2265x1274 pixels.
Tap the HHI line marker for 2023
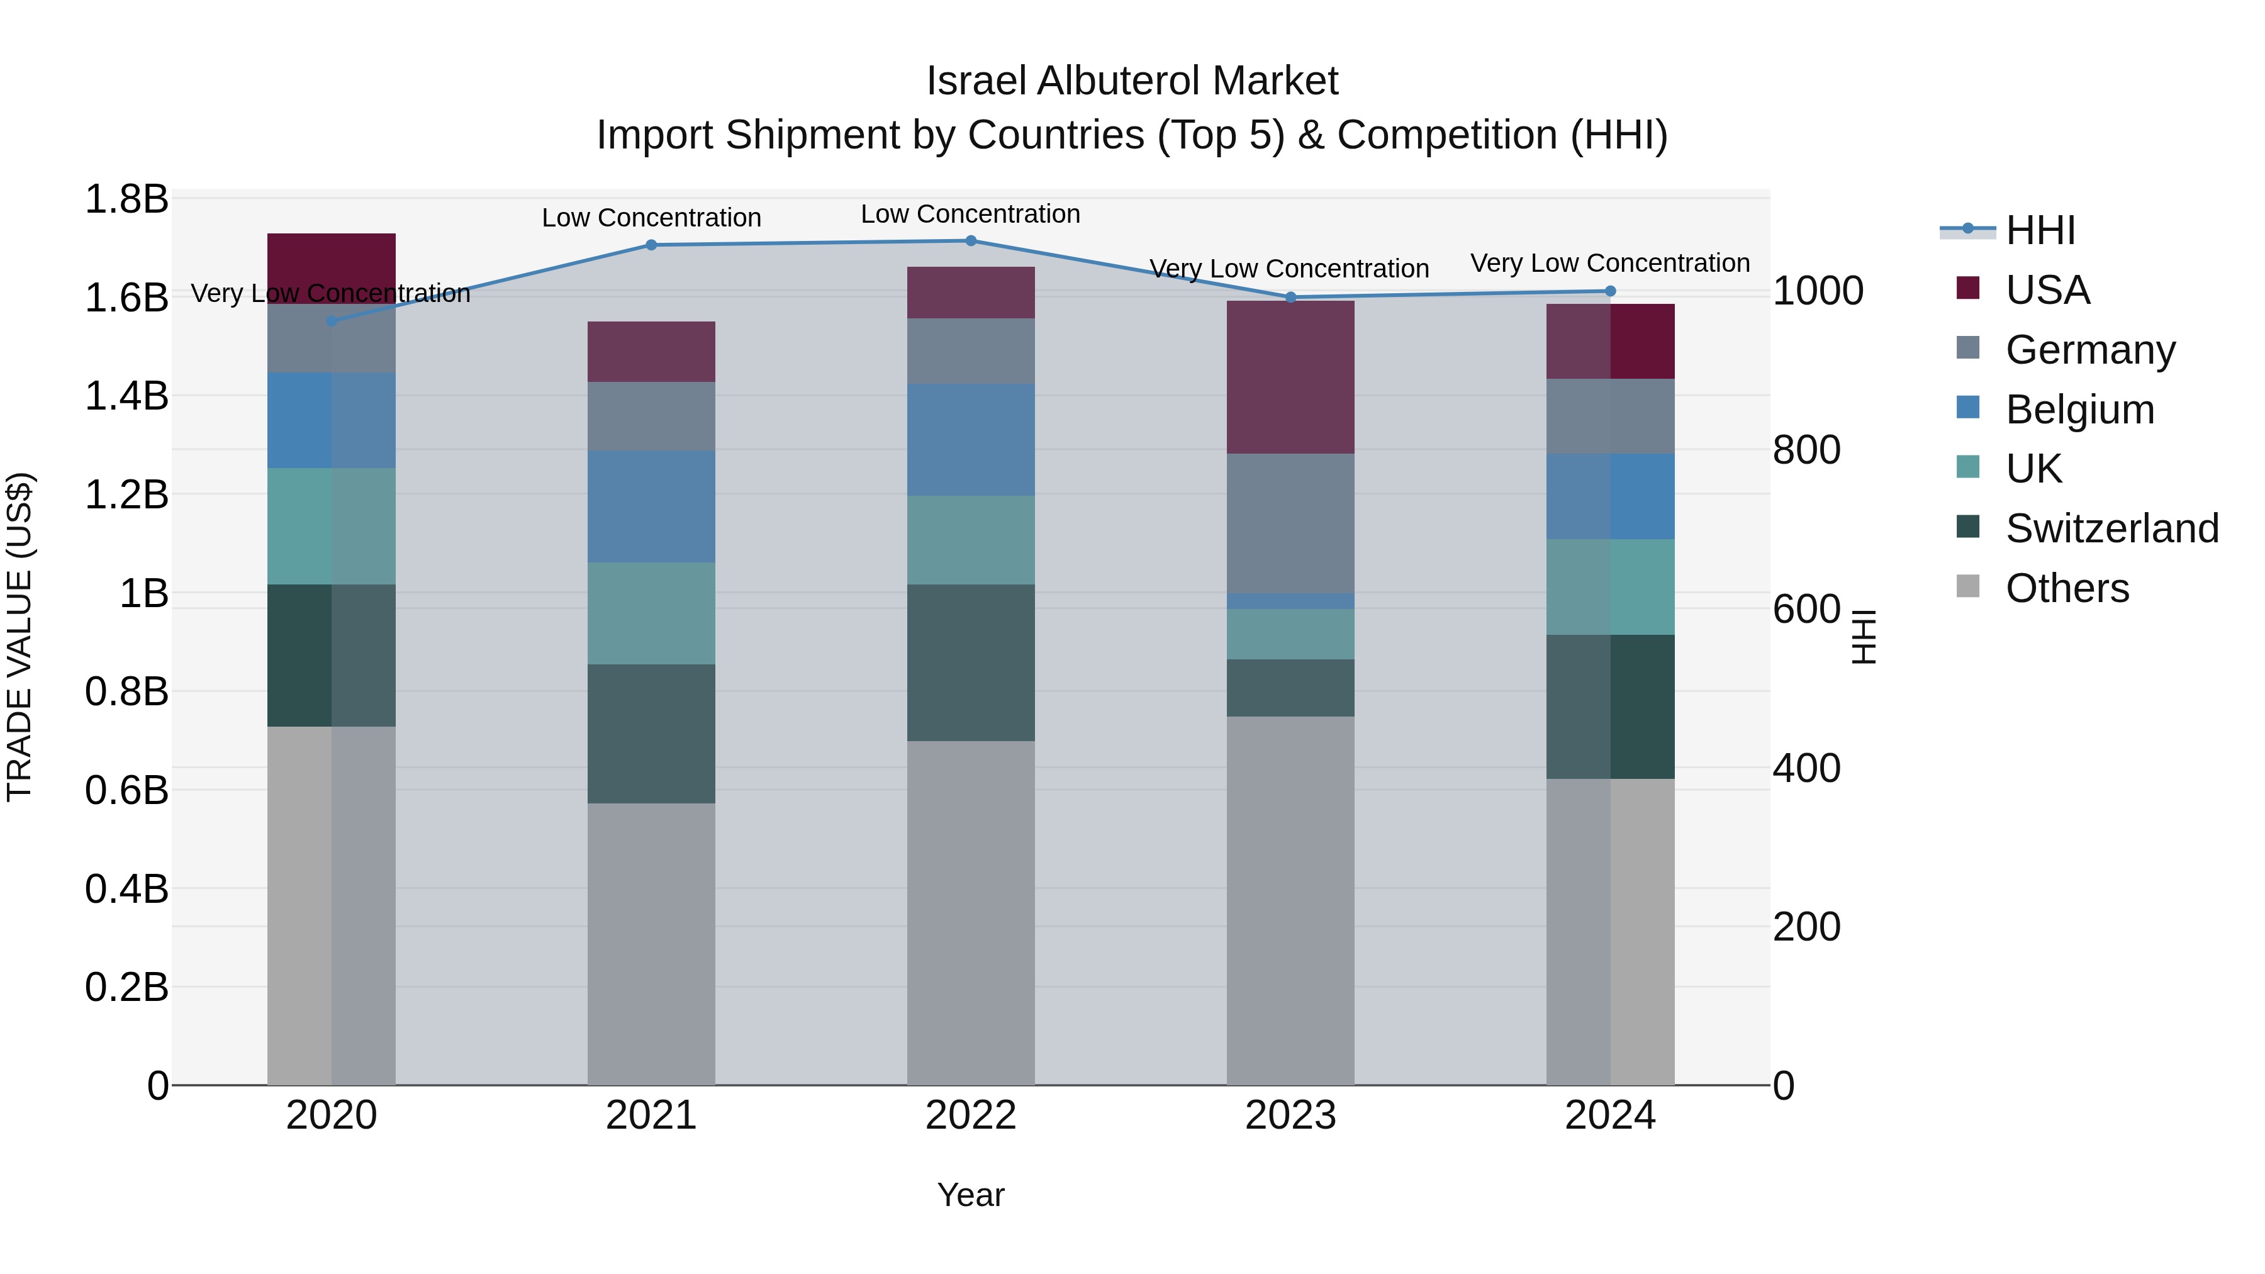pos(1291,297)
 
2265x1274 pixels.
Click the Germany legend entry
pos(2090,350)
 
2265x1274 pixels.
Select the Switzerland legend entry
pos(2112,528)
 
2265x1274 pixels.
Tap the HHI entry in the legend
pos(2040,230)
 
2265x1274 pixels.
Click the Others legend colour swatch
pos(1968,586)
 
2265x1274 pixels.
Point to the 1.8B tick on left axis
pos(126,199)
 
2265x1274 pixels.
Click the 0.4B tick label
pos(126,889)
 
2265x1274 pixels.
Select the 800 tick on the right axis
pos(1806,450)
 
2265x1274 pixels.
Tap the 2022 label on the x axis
pos(971,1115)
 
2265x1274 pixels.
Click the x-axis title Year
pos(971,1195)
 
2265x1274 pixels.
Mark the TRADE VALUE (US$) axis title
pos(20,637)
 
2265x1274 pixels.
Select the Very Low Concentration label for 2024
pos(1610,263)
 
